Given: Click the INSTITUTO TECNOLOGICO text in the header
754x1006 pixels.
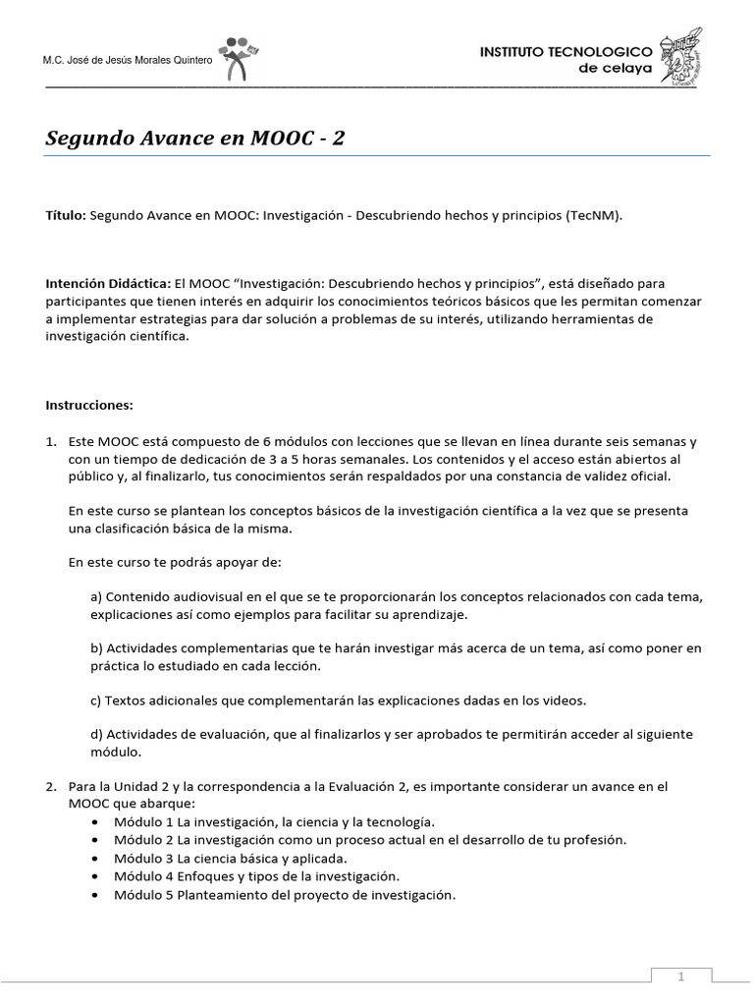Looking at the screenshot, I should [x=565, y=50].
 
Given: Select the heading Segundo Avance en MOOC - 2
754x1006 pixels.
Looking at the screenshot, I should [x=195, y=139].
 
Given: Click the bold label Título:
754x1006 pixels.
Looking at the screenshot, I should [x=66, y=215].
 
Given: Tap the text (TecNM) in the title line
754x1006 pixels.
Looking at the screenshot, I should [x=593, y=215].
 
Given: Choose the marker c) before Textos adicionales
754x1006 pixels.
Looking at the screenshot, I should [x=95, y=700].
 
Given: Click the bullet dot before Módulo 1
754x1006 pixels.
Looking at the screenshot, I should [x=93, y=822].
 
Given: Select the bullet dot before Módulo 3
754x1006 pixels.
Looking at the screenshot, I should [x=93, y=858].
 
